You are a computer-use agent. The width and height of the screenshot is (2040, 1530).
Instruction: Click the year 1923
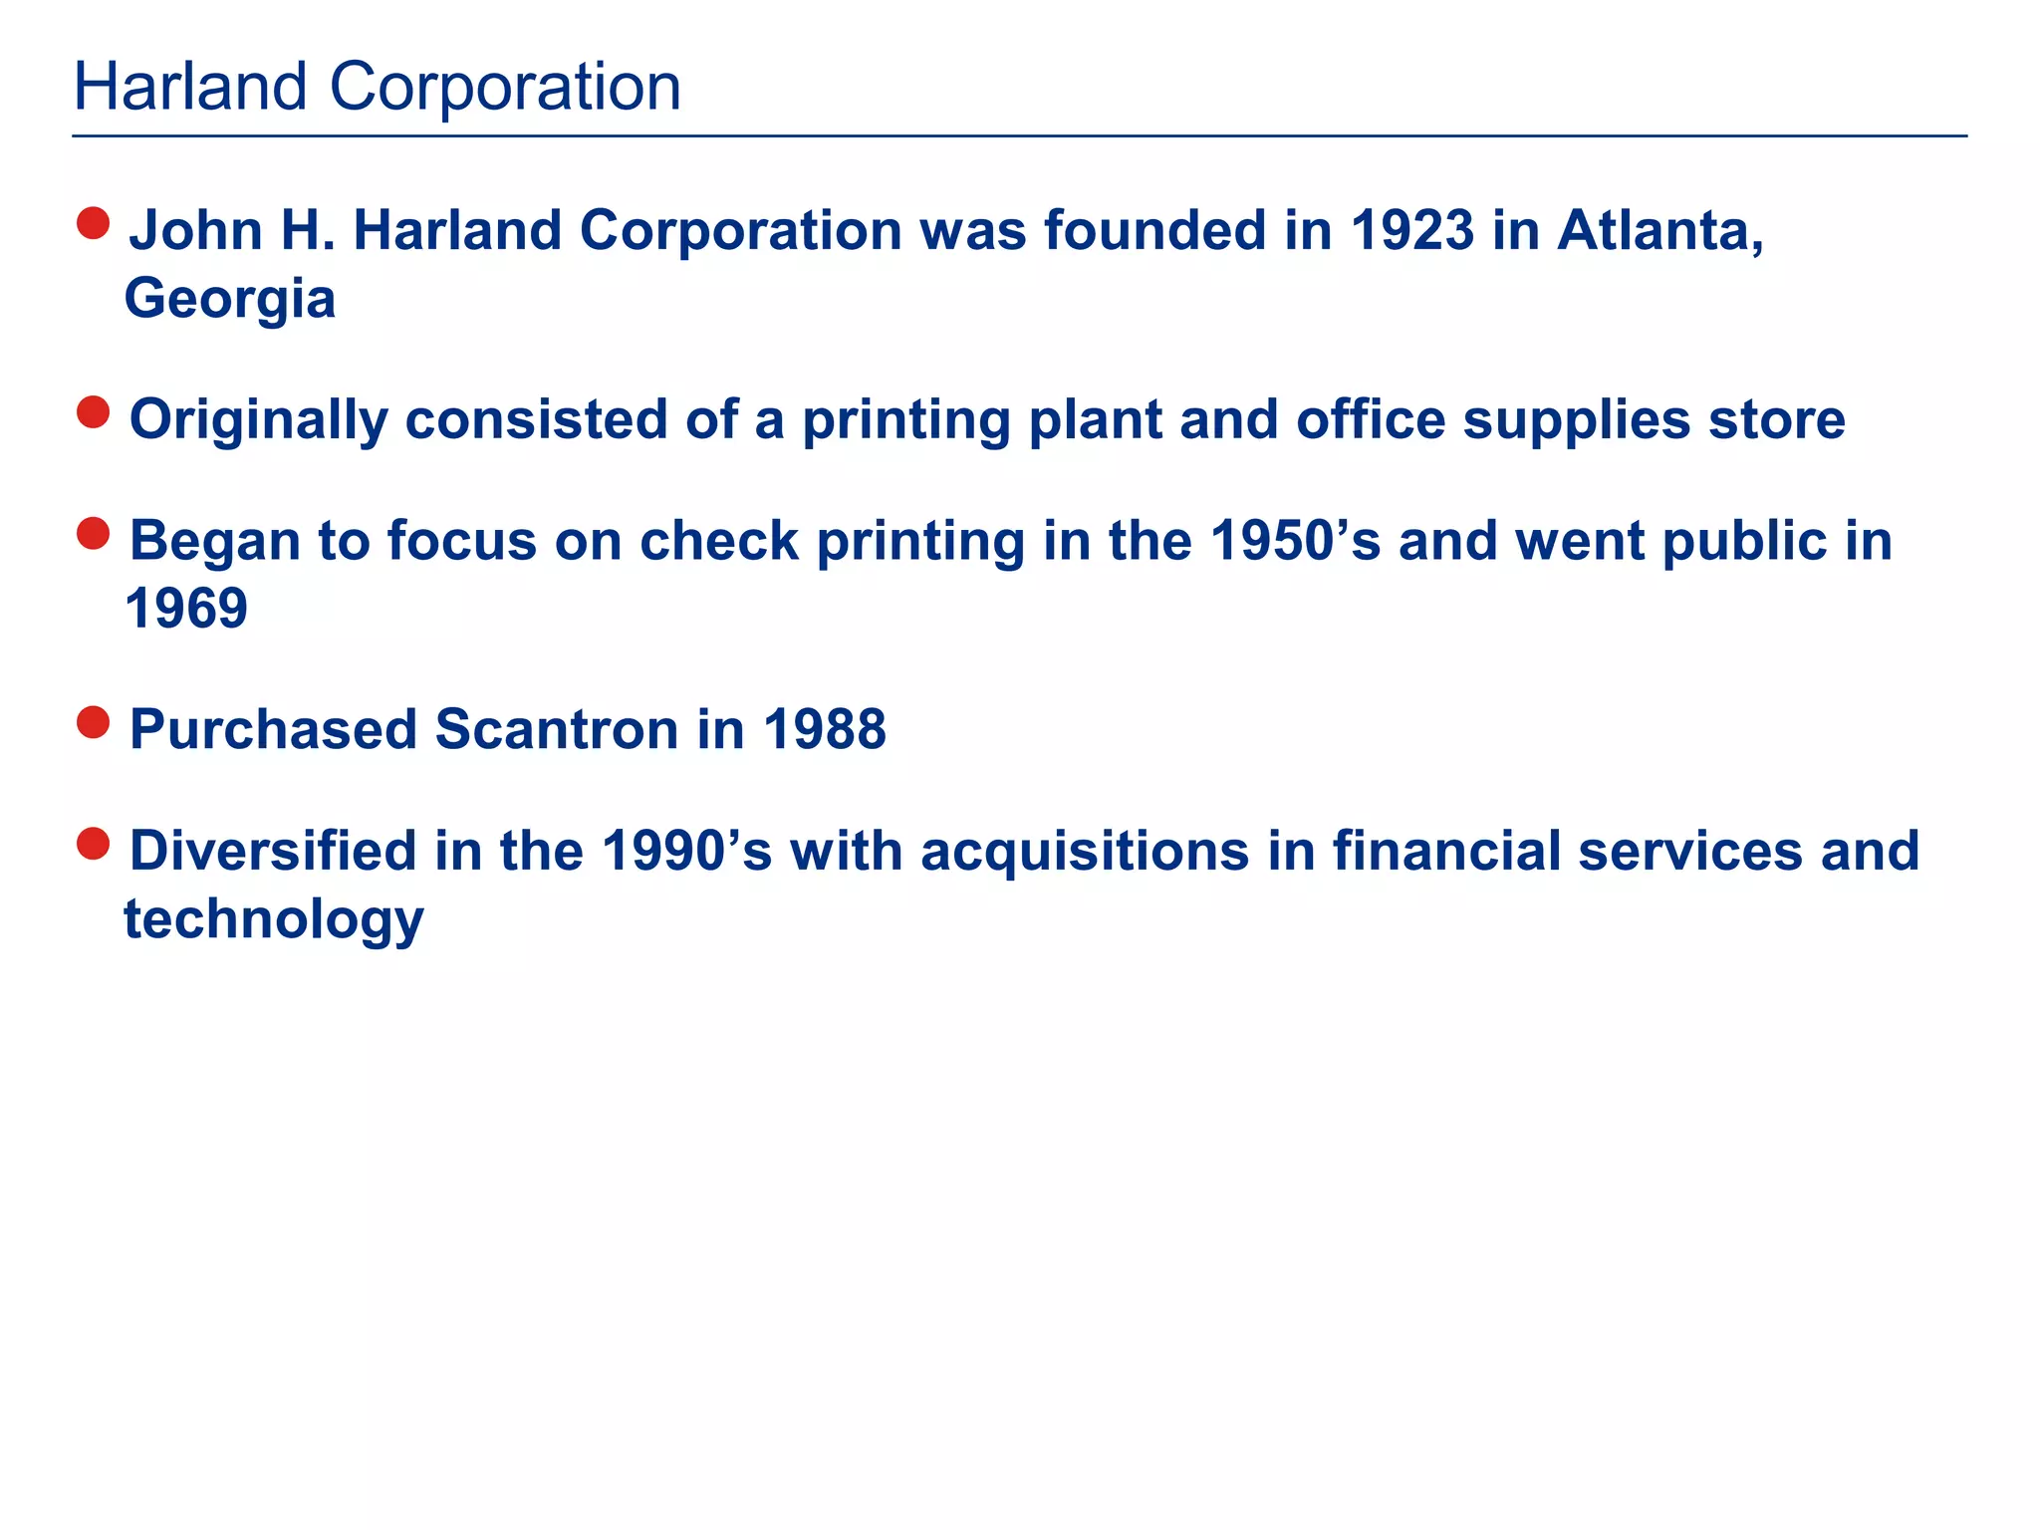(1412, 231)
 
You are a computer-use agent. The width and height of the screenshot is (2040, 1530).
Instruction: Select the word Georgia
(230, 300)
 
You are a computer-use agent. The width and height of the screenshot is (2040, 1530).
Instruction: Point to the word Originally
(259, 420)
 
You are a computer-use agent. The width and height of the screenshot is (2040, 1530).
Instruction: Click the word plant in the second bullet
(1095, 420)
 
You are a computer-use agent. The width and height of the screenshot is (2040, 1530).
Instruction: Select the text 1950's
(1295, 542)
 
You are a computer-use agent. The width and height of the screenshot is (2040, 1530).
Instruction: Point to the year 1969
(186, 609)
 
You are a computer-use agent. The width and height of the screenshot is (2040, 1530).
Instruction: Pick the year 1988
(825, 730)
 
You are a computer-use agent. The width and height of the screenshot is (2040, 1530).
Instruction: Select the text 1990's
(686, 852)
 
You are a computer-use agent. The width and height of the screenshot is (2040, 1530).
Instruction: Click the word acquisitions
(1085, 852)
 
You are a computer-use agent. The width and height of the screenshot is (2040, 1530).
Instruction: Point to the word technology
(274, 919)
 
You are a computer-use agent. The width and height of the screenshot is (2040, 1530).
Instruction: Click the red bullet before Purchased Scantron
(93, 723)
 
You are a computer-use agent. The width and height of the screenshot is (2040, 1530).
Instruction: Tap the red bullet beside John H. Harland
(93, 223)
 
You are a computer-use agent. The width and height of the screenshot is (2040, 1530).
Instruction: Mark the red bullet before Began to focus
(93, 534)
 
